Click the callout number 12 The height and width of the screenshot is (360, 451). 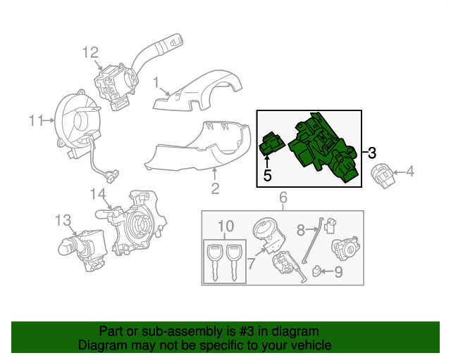point(89,51)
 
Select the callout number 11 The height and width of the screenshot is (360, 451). point(37,121)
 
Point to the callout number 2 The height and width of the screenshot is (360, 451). point(215,188)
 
